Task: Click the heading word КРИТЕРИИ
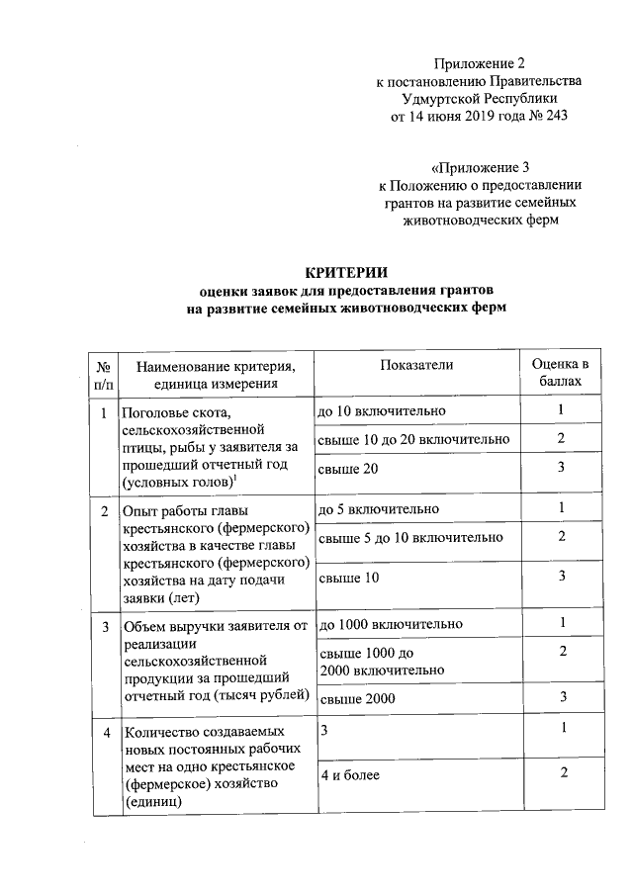click(345, 271)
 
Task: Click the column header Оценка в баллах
click(560, 373)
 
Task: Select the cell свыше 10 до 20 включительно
click(413, 439)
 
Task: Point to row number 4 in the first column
click(105, 732)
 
